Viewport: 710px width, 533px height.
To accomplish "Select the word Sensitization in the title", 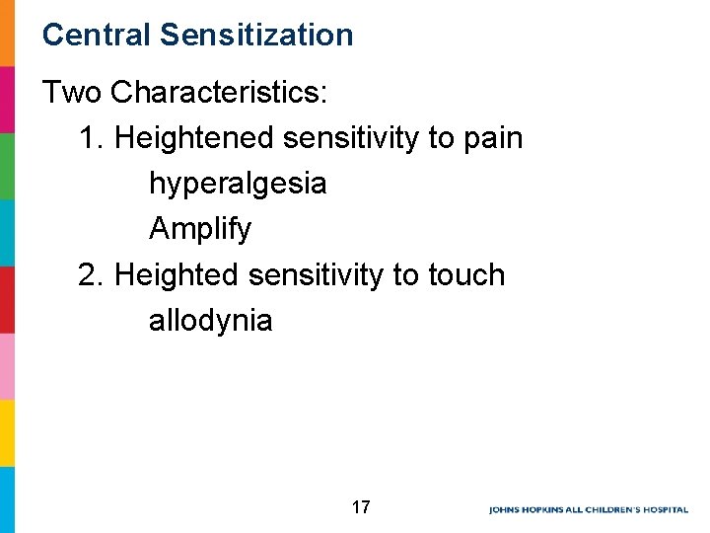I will point(255,36).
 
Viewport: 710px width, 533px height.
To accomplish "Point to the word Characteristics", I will point(221,93).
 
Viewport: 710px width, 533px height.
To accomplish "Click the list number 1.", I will point(91,138).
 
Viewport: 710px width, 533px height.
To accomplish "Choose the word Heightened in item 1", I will point(194,138).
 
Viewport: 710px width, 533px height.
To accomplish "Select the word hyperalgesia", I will point(238,184).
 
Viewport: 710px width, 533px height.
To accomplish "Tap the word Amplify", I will point(200,229).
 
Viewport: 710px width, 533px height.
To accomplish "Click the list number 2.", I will point(91,274).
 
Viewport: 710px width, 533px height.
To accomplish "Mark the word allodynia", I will point(210,320).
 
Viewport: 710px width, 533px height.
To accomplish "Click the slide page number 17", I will point(361,508).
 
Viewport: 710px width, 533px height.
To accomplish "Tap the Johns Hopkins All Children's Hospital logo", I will point(589,509).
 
